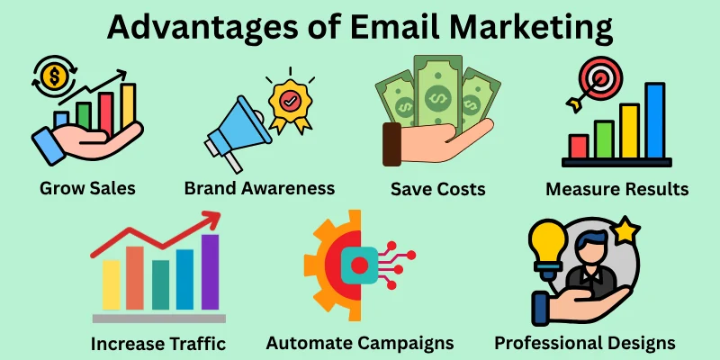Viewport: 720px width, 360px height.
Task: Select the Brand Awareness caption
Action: pos(259,188)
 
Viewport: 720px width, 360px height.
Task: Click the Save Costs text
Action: pos(438,190)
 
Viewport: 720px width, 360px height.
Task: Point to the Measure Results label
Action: pos(617,190)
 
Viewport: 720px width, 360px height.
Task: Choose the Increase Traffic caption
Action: pos(157,343)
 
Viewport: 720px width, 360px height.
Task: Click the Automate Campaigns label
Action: pos(360,343)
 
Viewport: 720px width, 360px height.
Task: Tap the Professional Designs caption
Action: pos(585,343)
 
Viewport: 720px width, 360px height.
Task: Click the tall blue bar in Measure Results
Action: pos(654,121)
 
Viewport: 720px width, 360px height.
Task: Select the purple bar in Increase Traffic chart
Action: pos(210,271)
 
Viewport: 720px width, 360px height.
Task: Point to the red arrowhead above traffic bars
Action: pos(213,219)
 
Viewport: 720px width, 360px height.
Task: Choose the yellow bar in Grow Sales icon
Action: pos(128,103)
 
